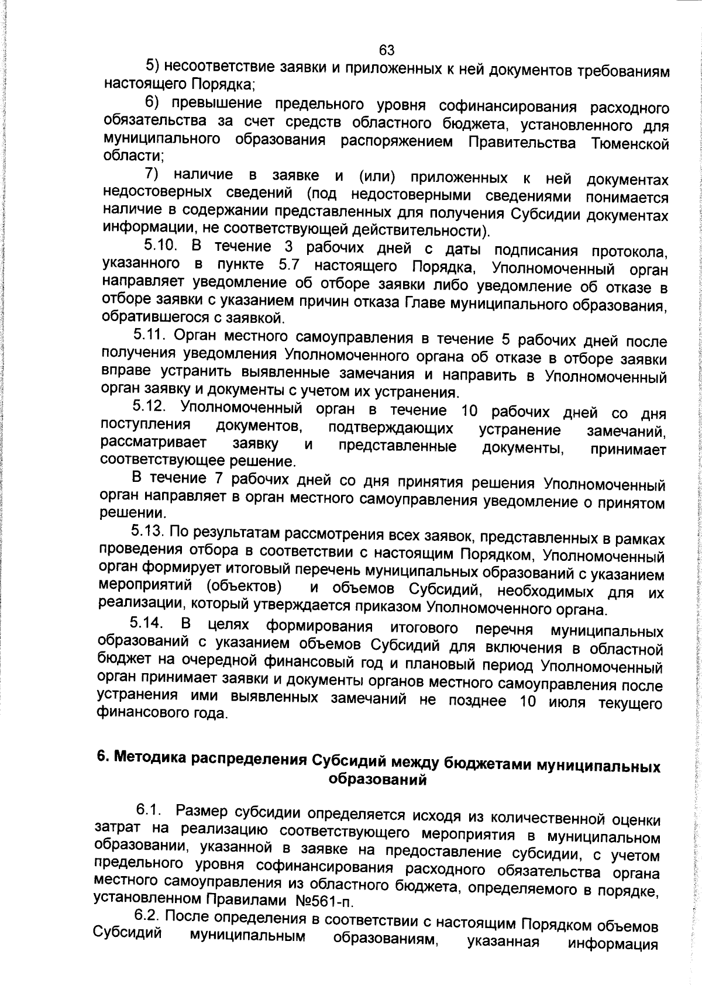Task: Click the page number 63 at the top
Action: (x=387, y=50)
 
